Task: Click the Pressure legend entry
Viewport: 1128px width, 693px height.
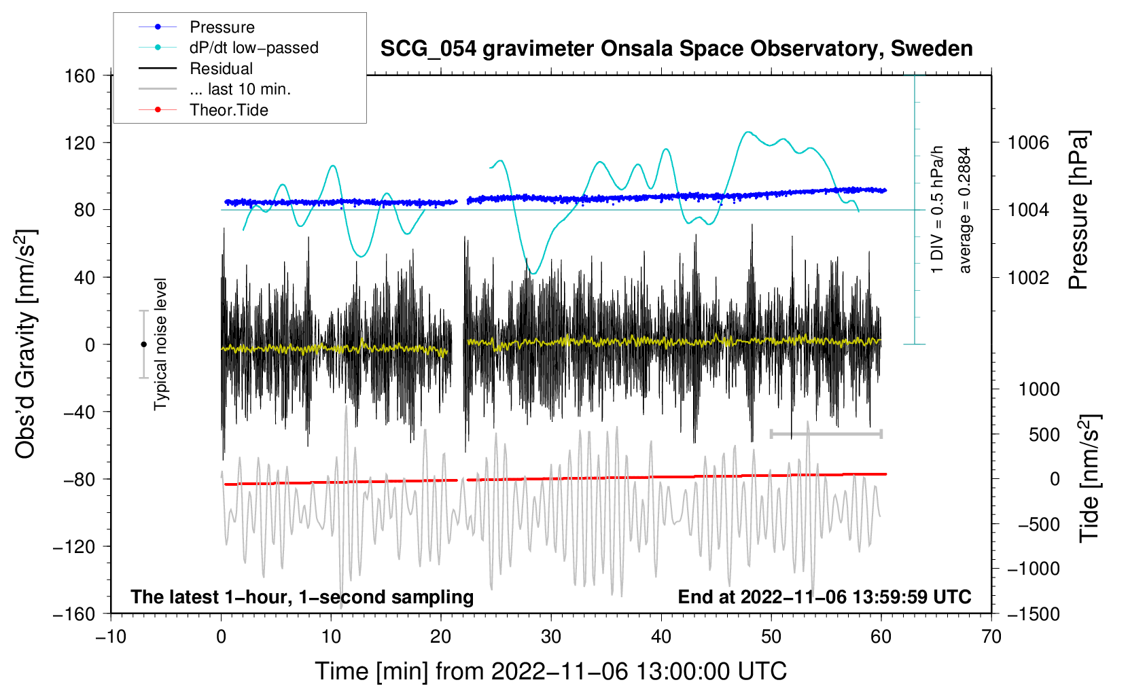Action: (222, 27)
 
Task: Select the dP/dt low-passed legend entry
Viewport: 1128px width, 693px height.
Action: (253, 48)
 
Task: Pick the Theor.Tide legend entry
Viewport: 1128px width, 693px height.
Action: (228, 110)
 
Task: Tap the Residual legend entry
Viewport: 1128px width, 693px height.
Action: (221, 69)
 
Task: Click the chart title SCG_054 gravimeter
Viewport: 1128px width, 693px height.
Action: (676, 49)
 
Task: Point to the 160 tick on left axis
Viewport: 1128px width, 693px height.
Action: (80, 75)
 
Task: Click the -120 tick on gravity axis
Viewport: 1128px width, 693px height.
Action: (74, 547)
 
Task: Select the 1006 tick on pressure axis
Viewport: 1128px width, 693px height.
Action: (1028, 143)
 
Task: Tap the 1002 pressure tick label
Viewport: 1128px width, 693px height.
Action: (1028, 277)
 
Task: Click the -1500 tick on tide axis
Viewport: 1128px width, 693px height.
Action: (1033, 614)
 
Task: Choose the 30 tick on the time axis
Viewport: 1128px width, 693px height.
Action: (551, 637)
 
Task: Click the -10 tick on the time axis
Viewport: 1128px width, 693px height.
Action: (111, 637)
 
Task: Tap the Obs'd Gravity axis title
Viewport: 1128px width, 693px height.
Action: (26, 344)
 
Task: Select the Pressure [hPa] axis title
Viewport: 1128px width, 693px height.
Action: (1078, 211)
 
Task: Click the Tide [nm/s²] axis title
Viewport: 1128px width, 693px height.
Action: (1089, 478)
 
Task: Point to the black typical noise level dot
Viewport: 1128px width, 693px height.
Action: (143, 344)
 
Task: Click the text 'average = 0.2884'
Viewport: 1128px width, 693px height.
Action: (965, 211)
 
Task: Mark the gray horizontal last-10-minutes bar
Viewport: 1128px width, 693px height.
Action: (826, 433)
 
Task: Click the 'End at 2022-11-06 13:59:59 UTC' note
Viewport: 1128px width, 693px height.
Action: (824, 597)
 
